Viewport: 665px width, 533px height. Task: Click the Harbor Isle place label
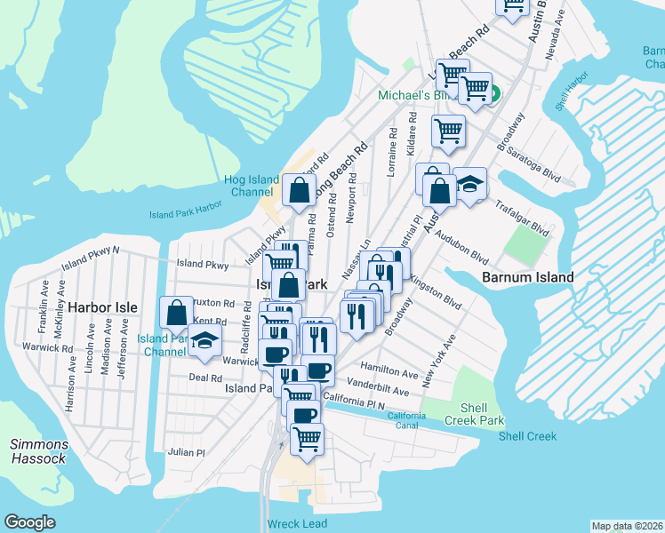104,307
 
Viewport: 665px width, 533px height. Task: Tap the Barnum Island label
527,277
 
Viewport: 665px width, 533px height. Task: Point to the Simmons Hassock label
37,451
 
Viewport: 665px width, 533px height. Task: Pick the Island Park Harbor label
184,214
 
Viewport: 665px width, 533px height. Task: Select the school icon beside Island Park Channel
206,342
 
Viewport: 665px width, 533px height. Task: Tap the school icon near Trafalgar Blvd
469,184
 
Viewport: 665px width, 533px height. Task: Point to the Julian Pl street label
187,452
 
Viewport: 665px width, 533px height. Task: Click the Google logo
29,522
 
